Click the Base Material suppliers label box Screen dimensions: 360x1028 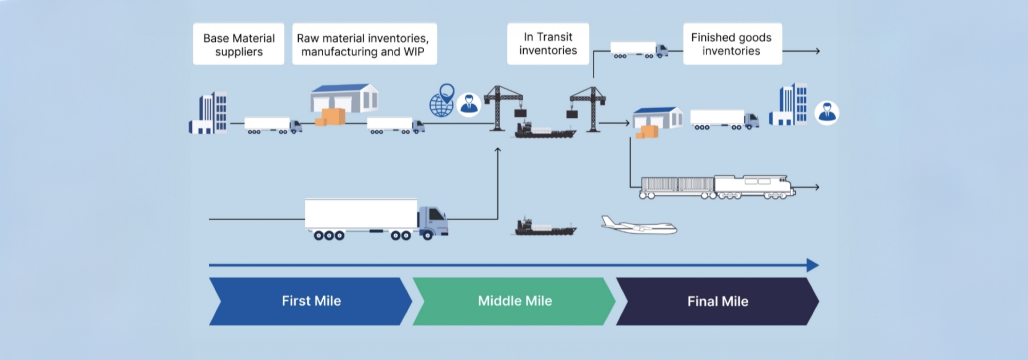pyautogui.click(x=239, y=44)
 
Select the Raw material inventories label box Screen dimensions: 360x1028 pyautogui.click(x=364, y=44)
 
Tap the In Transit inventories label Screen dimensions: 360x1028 pyautogui.click(x=548, y=43)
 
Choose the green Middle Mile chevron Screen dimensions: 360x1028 pyautogui.click(x=514, y=301)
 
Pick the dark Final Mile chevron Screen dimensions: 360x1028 pyautogui.click(x=717, y=301)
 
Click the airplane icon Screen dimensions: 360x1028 pyautogui.click(x=639, y=226)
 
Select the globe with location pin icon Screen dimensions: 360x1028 pyautogui.click(x=441, y=102)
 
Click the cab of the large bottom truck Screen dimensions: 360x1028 pyautogui.click(x=433, y=221)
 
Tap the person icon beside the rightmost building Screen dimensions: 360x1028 pyautogui.click(x=827, y=112)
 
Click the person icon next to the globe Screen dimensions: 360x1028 pyautogui.click(x=469, y=105)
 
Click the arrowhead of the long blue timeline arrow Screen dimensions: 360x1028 pyautogui.click(x=813, y=265)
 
